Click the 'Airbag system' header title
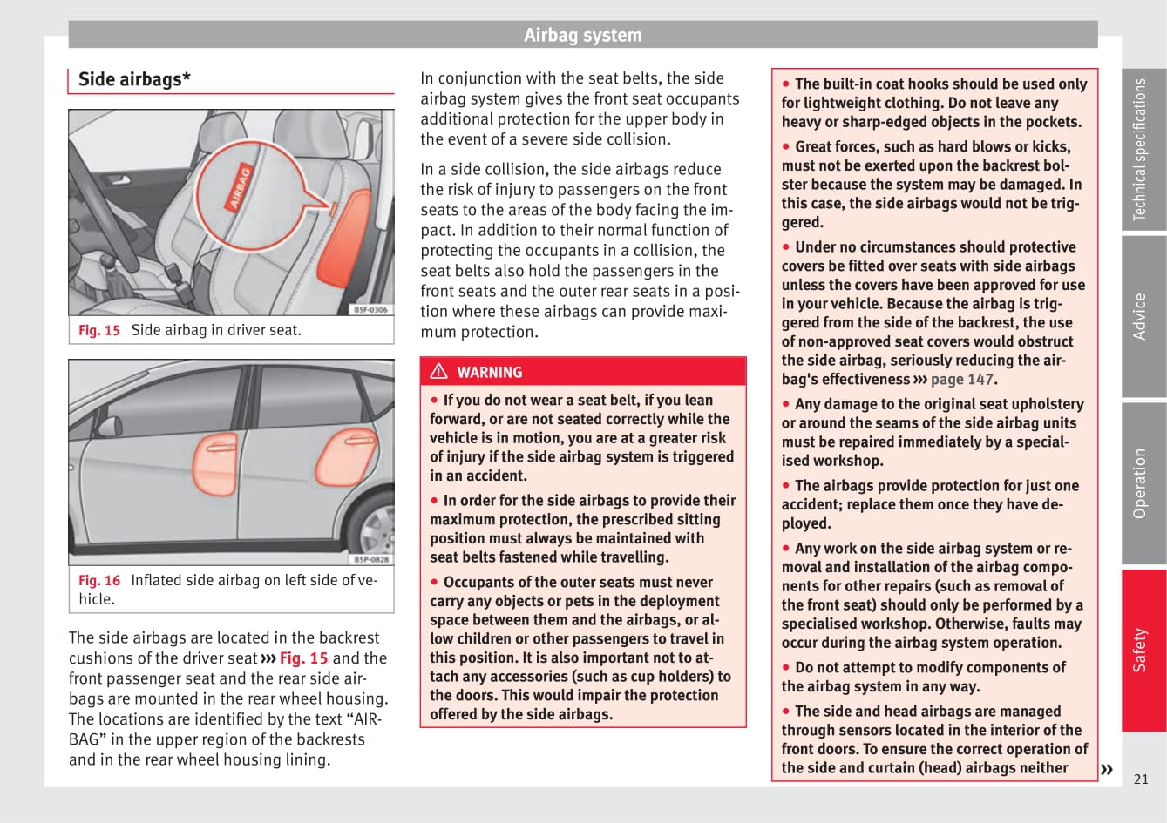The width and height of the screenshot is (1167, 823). [582, 35]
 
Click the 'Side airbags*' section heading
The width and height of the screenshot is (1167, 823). [134, 79]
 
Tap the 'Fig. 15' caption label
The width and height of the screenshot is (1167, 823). [99, 330]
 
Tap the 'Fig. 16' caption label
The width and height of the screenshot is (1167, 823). [99, 580]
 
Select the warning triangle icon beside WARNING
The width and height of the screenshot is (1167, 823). [438, 372]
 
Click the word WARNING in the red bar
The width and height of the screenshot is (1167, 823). [489, 372]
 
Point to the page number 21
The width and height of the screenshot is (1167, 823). [1141, 779]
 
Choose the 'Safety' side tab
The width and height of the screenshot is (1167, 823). [1142, 650]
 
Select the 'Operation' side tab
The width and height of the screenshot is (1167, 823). [1142, 483]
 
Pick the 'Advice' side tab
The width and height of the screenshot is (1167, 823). [1142, 316]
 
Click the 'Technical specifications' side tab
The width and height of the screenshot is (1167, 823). [1142, 149]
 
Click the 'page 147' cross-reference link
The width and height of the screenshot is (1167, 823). [961, 379]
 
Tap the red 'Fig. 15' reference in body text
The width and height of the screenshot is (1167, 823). [303, 658]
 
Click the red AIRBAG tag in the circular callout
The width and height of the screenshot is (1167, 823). [240, 188]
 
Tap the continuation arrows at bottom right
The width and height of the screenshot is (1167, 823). [1107, 769]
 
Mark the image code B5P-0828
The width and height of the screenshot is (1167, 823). [371, 559]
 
